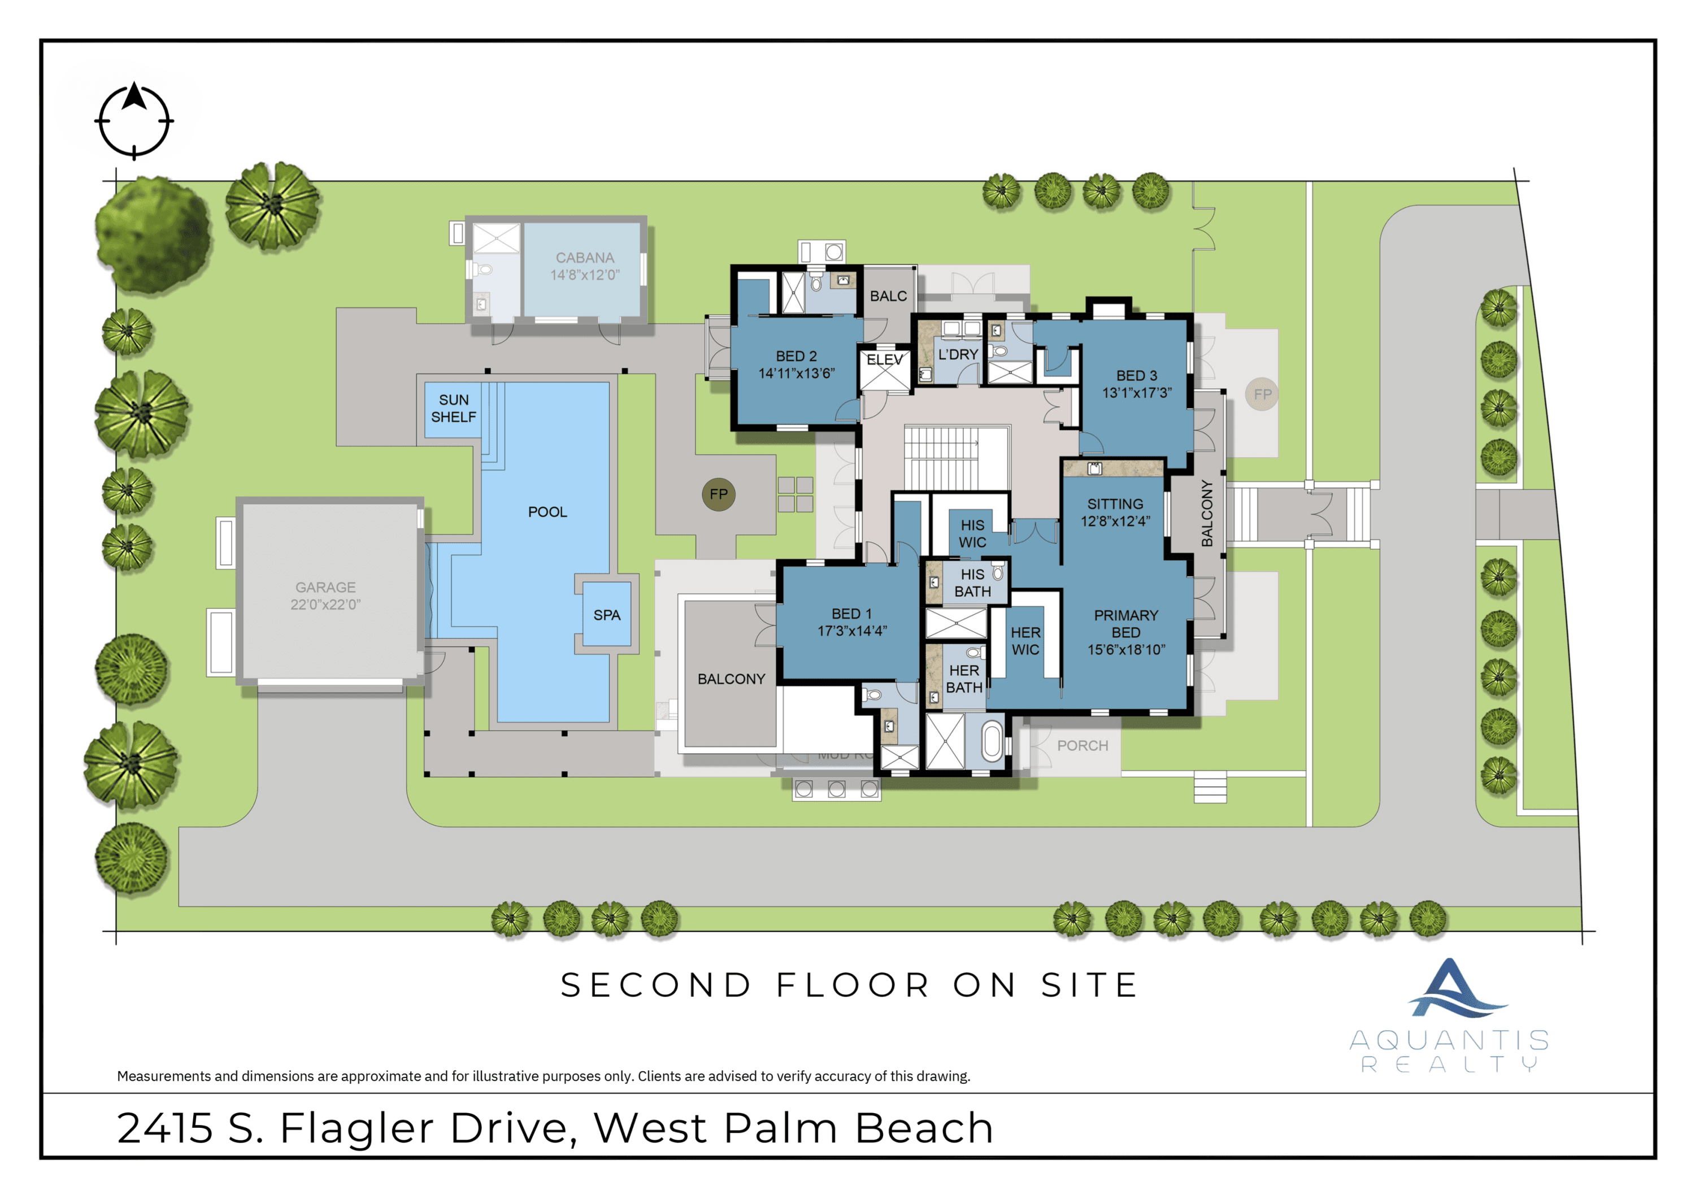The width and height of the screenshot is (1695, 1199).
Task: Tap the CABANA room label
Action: [585, 258]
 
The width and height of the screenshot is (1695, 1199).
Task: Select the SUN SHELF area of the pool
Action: [453, 409]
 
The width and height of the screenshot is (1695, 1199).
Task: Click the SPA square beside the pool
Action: [607, 614]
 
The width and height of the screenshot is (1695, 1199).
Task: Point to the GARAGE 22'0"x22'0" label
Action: [325, 596]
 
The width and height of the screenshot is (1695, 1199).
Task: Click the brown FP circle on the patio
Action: [718, 494]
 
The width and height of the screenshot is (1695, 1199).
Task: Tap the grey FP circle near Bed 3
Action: [1262, 394]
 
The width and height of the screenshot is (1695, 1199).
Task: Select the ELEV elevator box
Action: [884, 369]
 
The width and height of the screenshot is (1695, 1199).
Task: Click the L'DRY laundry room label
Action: [958, 354]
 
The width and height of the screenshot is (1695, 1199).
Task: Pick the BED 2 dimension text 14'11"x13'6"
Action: [797, 373]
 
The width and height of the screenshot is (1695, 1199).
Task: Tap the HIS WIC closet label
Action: [972, 533]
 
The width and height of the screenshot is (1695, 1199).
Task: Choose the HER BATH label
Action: [964, 679]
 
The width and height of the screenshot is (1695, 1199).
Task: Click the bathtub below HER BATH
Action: [992, 742]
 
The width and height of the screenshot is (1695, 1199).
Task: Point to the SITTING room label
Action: [1115, 503]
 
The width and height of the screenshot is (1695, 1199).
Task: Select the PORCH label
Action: [1083, 746]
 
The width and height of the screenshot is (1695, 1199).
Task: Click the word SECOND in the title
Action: [655, 985]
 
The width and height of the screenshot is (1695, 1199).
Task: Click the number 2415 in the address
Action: [164, 1128]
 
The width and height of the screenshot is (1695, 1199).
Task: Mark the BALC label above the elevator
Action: [888, 296]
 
